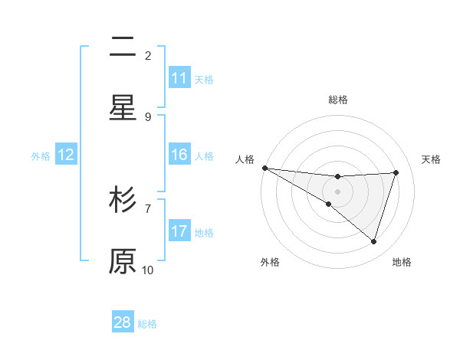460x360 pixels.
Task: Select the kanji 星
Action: click(123, 107)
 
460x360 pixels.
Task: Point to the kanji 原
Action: click(123, 260)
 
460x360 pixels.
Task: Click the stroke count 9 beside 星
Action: click(148, 116)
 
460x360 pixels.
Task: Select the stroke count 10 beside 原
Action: click(148, 270)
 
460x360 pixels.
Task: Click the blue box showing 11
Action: click(179, 78)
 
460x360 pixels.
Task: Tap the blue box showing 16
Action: click(179, 155)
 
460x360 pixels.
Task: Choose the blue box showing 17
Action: click(179, 231)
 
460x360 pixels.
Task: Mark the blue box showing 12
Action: click(66, 155)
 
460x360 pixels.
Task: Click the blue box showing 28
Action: click(123, 322)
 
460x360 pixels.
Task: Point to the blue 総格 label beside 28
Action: click(147, 324)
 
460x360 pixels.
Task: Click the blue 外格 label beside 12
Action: click(41, 156)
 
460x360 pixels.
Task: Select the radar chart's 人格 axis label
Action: click(245, 159)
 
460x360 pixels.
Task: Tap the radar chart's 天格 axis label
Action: click(432, 159)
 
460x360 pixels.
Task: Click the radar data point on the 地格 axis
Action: click(374, 242)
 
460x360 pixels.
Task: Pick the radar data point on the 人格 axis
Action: click(264, 168)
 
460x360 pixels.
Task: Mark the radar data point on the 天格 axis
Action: click(396, 172)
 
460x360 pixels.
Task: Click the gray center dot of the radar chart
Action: click(337, 191)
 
